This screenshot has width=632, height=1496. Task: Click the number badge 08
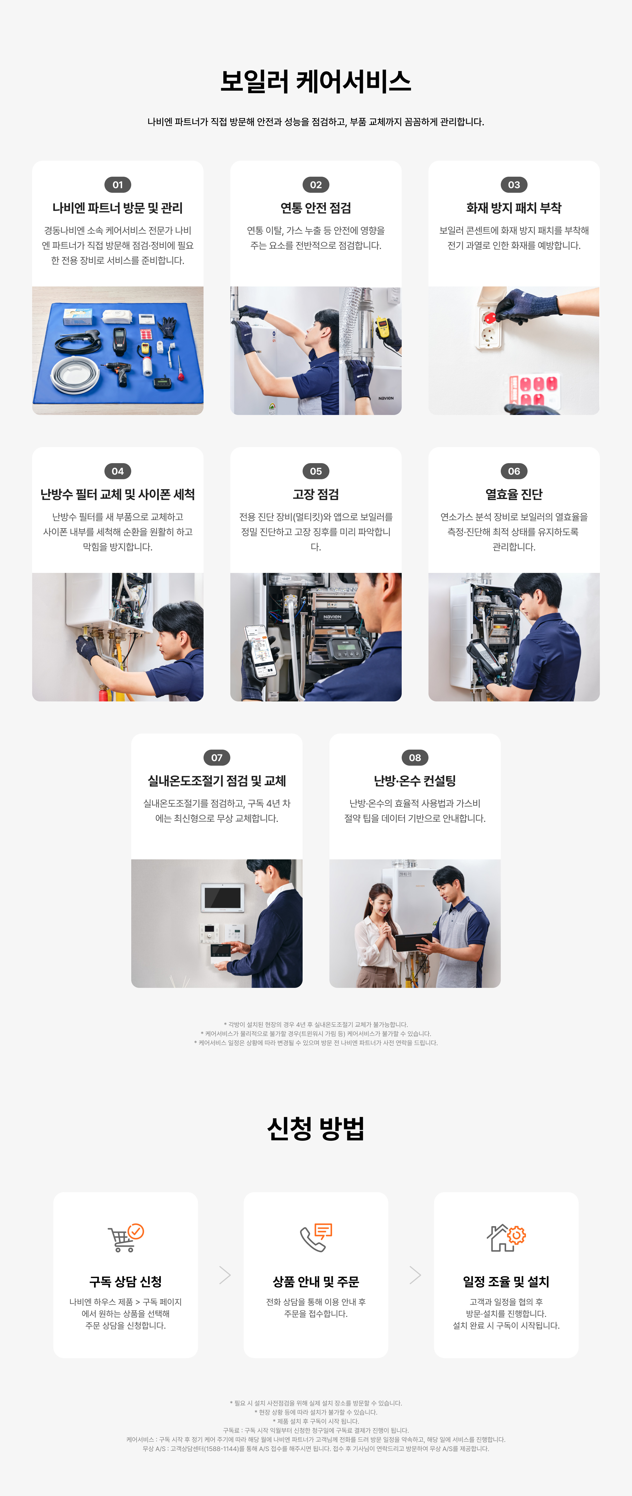[415, 757]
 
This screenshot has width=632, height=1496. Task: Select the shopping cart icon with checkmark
[126, 1238]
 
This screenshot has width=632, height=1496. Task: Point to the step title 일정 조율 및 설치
[506, 1281]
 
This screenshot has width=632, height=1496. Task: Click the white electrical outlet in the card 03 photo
[489, 325]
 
